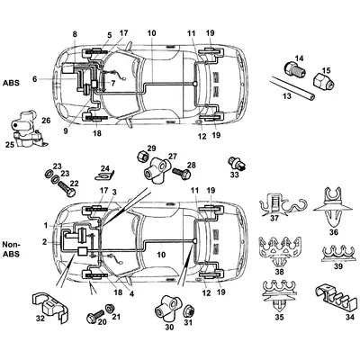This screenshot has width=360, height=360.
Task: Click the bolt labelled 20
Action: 91,317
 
